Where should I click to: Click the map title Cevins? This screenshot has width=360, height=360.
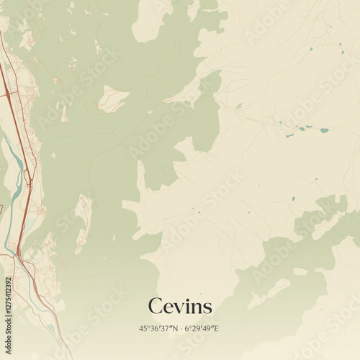[x=180, y=307]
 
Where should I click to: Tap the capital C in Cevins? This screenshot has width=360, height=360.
[x=154, y=307]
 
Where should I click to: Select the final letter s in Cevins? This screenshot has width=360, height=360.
[x=207, y=308]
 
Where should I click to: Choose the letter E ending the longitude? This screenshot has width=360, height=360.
[x=216, y=328]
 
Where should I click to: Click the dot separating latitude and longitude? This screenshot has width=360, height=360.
[x=180, y=328]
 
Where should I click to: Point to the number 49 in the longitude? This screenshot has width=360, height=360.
[x=207, y=328]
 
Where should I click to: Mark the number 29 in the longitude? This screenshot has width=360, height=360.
[x=195, y=328]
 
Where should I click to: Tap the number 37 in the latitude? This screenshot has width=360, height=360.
[x=166, y=328]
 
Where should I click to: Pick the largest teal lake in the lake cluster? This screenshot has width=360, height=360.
[x=324, y=130]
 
